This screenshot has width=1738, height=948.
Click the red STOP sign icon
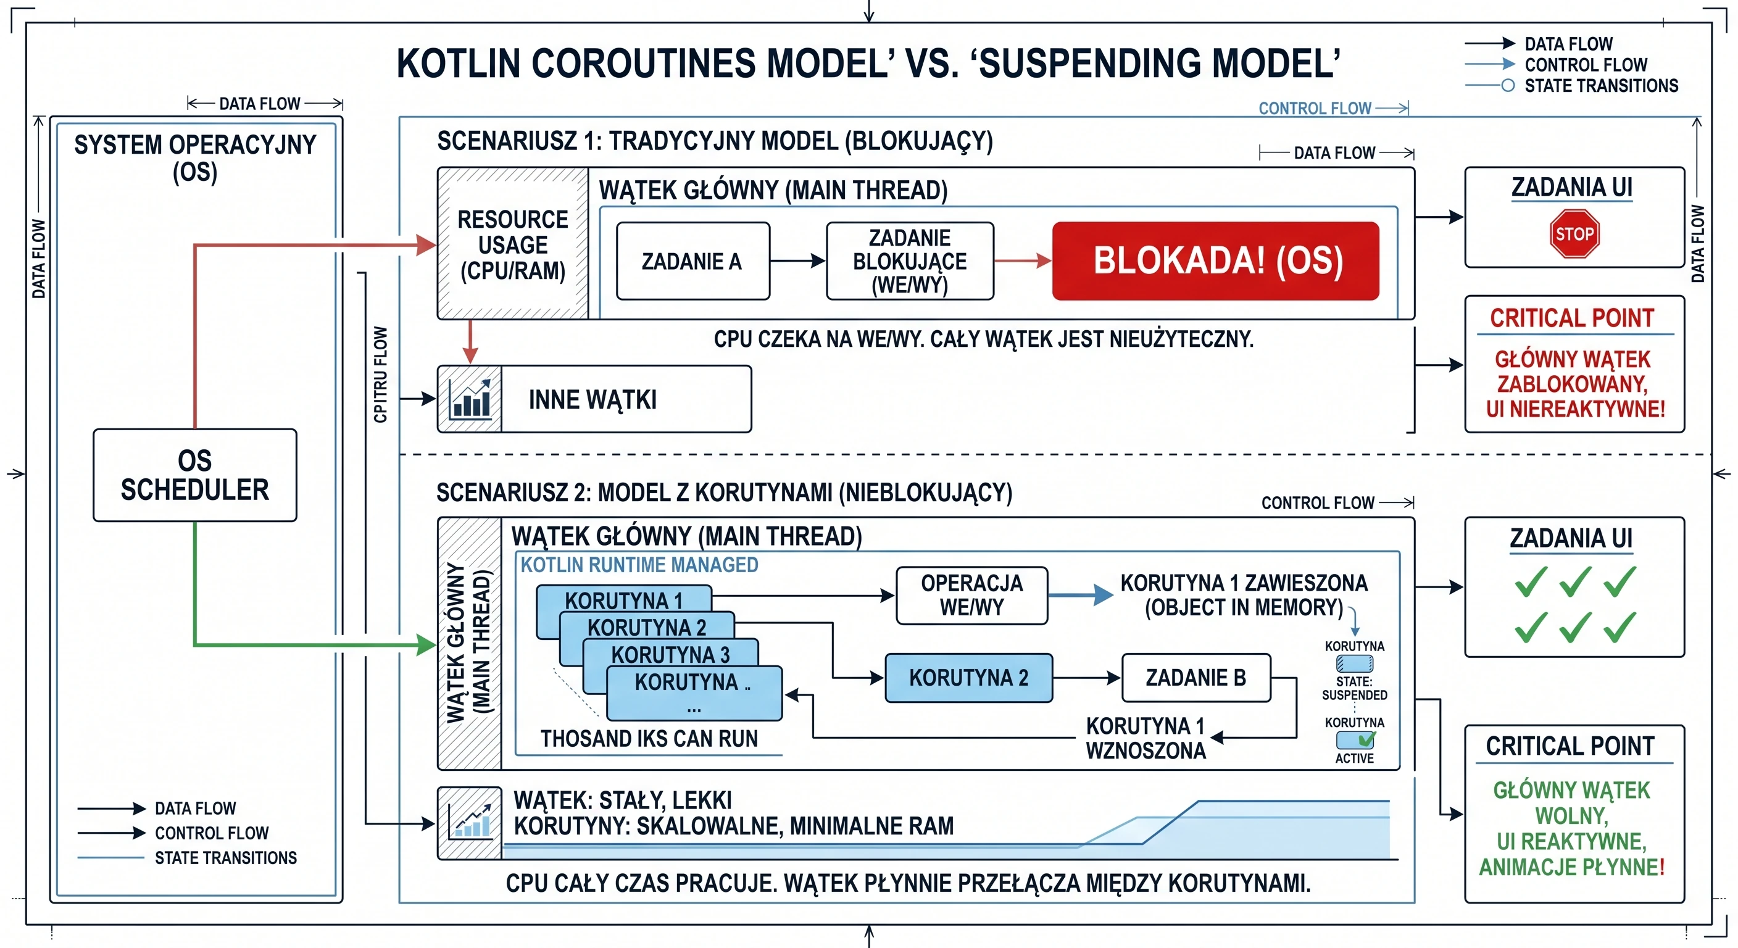pyautogui.click(x=1574, y=233)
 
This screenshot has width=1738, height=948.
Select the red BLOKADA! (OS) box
pyautogui.click(x=1216, y=261)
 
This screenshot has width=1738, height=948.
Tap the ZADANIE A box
pyautogui.click(x=693, y=261)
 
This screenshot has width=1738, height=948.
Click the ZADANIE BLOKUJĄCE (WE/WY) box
pyautogui.click(x=910, y=261)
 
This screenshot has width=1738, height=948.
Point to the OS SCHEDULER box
pyautogui.click(x=195, y=475)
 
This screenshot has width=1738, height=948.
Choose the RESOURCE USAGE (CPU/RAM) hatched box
pyautogui.click(x=513, y=244)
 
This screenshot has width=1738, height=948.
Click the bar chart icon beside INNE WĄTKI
pyautogui.click(x=470, y=399)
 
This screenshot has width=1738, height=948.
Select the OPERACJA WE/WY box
pyautogui.click(x=971, y=595)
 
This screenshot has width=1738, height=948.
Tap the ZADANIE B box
pyautogui.click(x=1196, y=678)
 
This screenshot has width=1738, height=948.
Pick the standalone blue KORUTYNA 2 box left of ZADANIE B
pyautogui.click(x=969, y=678)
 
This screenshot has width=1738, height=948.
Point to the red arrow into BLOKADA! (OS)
pyautogui.click(x=1023, y=261)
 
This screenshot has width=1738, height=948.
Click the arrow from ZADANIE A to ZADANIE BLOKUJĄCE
pyautogui.click(x=798, y=260)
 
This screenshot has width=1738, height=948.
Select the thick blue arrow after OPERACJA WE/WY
pyautogui.click(x=1081, y=594)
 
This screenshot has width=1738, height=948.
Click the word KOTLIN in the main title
pyautogui.click(x=458, y=64)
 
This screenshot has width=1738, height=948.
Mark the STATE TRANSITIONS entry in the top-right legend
pyautogui.click(x=1571, y=86)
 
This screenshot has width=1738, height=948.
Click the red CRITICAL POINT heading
pyautogui.click(x=1572, y=318)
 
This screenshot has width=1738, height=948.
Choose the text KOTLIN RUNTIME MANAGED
pyautogui.click(x=639, y=565)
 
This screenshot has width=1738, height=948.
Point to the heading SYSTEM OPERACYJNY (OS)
pyautogui.click(x=195, y=158)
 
